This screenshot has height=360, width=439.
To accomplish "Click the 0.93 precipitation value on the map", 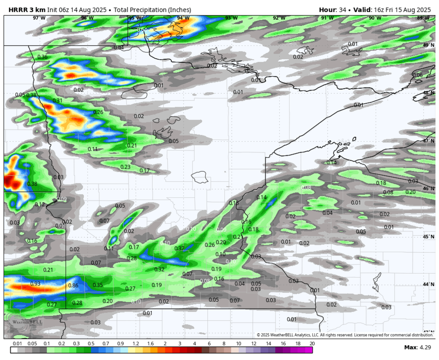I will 35,284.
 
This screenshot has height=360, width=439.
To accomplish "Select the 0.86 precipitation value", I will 73,285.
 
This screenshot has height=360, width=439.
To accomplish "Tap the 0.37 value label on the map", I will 179,249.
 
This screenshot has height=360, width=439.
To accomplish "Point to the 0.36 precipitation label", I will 42,57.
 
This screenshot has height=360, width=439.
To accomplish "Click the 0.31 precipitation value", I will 57,101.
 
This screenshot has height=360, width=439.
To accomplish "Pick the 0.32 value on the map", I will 159,269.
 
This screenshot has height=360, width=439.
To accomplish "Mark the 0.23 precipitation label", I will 125,167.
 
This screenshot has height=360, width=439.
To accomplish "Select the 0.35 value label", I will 98,285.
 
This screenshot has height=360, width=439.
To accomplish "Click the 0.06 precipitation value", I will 417,75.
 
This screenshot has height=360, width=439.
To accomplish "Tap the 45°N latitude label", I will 428,236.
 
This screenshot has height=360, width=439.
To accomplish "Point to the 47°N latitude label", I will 428,141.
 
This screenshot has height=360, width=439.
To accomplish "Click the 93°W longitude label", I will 231,18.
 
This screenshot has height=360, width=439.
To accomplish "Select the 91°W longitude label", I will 327,18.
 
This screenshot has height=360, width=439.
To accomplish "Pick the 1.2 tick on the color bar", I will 136,344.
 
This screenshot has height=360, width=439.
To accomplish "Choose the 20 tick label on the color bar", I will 312,344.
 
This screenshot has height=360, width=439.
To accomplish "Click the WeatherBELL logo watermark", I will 24,322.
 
